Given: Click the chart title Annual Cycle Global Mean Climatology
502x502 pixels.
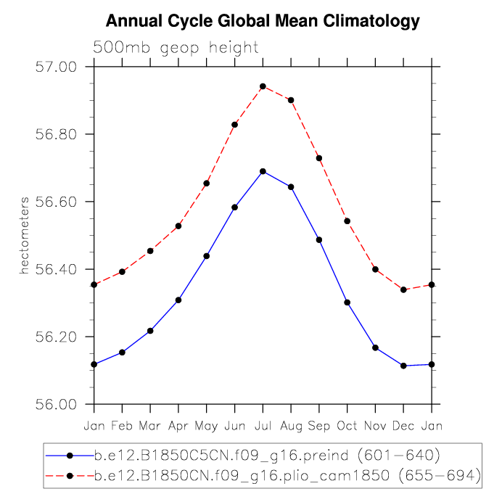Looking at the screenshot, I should pyautogui.click(x=263, y=22).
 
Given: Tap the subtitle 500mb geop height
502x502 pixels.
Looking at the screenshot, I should pyautogui.click(x=176, y=49).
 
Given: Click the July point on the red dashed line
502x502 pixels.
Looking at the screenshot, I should pyautogui.click(x=263, y=86).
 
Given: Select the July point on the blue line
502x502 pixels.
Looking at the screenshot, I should pyautogui.click(x=263, y=171).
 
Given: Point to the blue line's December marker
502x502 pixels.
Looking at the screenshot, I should pyautogui.click(x=403, y=366).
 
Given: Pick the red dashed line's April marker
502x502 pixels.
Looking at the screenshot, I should pyautogui.click(x=178, y=226).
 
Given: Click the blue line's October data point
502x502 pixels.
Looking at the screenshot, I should pyautogui.click(x=347, y=303).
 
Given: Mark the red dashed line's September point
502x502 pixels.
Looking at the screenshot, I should pyautogui.click(x=319, y=158).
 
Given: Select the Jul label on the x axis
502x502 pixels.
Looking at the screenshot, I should pyautogui.click(x=263, y=424).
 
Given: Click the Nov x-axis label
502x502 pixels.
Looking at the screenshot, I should pyautogui.click(x=376, y=424).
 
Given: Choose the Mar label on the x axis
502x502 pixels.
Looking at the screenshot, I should pyautogui.click(x=150, y=424).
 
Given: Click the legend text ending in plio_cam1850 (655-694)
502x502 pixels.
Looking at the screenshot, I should pyautogui.click(x=287, y=475).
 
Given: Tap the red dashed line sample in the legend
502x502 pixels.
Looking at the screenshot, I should pyautogui.click(x=70, y=475).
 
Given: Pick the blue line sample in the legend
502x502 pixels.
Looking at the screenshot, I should pyautogui.click(x=70, y=456).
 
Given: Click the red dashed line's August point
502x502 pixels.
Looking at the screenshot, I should pyautogui.click(x=291, y=100).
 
